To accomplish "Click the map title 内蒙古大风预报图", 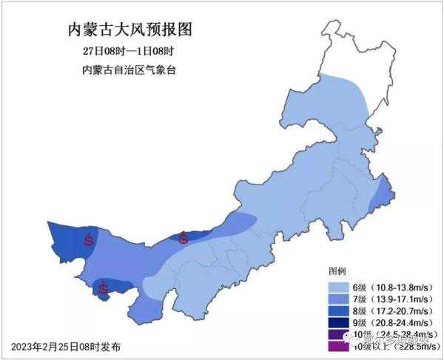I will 129,30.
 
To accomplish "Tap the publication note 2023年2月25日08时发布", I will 66,347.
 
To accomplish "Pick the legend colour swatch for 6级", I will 338,287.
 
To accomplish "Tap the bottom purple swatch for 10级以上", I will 338,346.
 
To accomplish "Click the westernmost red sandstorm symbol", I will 89,239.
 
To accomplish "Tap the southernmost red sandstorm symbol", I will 104,288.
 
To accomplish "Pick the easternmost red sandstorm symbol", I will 184,238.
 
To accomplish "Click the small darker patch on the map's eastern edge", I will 383,196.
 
